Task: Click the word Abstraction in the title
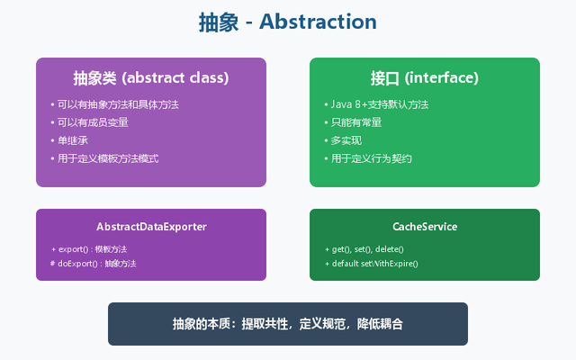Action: pos(318,22)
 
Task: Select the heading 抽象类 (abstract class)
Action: pos(151,77)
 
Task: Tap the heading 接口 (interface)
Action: pos(424,77)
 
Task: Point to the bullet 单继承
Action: pos(74,140)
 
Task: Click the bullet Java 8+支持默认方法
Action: pos(376,104)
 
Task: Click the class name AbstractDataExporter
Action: pos(151,227)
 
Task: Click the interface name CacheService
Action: pos(425,227)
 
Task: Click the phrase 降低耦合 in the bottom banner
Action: pos(379,324)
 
